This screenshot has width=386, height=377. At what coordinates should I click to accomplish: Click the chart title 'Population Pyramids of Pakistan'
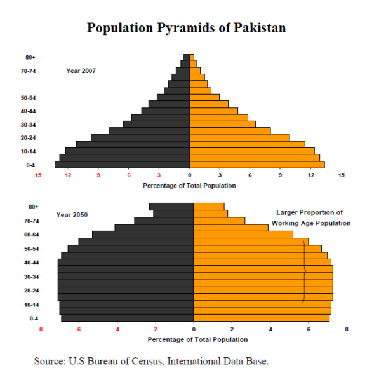point(186,28)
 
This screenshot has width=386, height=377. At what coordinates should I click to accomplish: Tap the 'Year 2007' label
point(81,71)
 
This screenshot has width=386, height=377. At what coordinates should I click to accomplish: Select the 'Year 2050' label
point(72,215)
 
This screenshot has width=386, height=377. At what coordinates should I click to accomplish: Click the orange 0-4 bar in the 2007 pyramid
point(256,165)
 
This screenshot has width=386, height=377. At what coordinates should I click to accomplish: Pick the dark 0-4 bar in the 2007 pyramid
point(122,165)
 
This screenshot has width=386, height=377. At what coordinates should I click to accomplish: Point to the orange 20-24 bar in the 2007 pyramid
point(239,137)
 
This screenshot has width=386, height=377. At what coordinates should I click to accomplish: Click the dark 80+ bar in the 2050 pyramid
point(171,207)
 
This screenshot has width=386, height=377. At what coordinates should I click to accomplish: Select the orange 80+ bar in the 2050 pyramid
point(209,207)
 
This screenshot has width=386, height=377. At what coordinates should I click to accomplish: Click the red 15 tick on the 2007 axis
point(38,175)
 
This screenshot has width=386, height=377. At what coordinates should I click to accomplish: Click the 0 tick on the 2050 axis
point(194,329)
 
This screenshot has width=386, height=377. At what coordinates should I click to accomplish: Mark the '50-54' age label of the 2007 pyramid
point(27,98)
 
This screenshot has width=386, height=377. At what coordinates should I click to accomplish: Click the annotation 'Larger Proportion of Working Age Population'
point(310,217)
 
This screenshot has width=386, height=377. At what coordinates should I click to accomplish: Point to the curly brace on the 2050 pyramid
point(304,271)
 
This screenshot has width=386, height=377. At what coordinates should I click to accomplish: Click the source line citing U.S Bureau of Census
point(151,361)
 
